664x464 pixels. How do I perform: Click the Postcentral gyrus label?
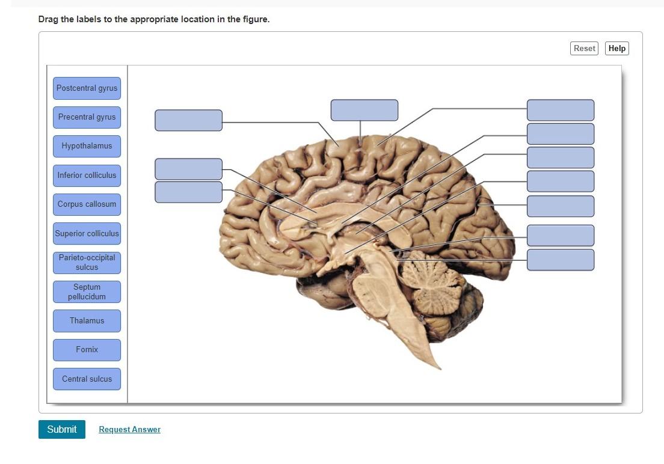87,88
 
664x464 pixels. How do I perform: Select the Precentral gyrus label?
87,117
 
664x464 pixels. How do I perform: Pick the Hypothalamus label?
87,146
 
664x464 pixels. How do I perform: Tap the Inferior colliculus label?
87,176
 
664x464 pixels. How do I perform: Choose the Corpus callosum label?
87,204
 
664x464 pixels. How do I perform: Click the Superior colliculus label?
87,233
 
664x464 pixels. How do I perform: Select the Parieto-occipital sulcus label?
87,262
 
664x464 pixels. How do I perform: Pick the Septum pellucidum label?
87,292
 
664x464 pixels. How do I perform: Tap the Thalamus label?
87,321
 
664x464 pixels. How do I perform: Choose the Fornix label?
87,350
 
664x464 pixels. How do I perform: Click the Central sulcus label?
87,379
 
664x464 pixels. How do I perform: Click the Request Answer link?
129,430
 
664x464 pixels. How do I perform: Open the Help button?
616,49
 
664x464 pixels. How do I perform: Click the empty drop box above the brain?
364,110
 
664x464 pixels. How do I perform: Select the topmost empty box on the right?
560,110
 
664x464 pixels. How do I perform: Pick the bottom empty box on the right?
560,260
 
